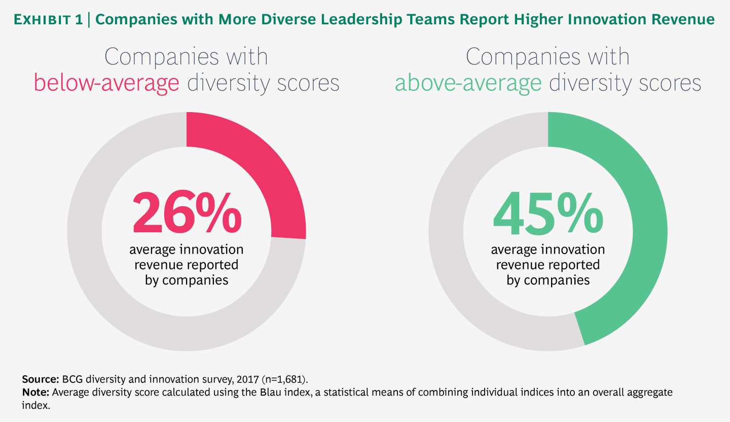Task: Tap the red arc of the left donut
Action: tap(264, 167)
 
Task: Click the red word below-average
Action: tap(106, 83)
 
